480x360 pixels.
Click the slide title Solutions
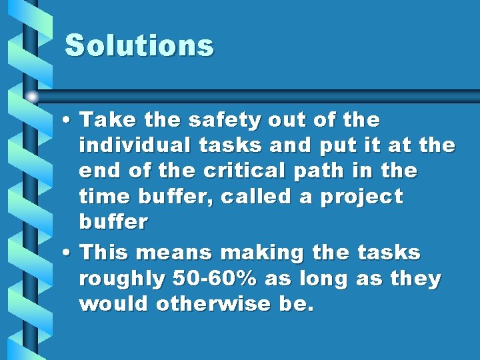(139, 46)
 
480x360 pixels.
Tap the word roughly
(121, 279)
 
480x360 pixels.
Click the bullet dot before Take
(68, 121)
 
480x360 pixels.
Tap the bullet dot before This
(68, 253)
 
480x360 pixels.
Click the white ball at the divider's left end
(31, 96)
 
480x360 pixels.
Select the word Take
(103, 121)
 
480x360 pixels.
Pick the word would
(114, 304)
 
